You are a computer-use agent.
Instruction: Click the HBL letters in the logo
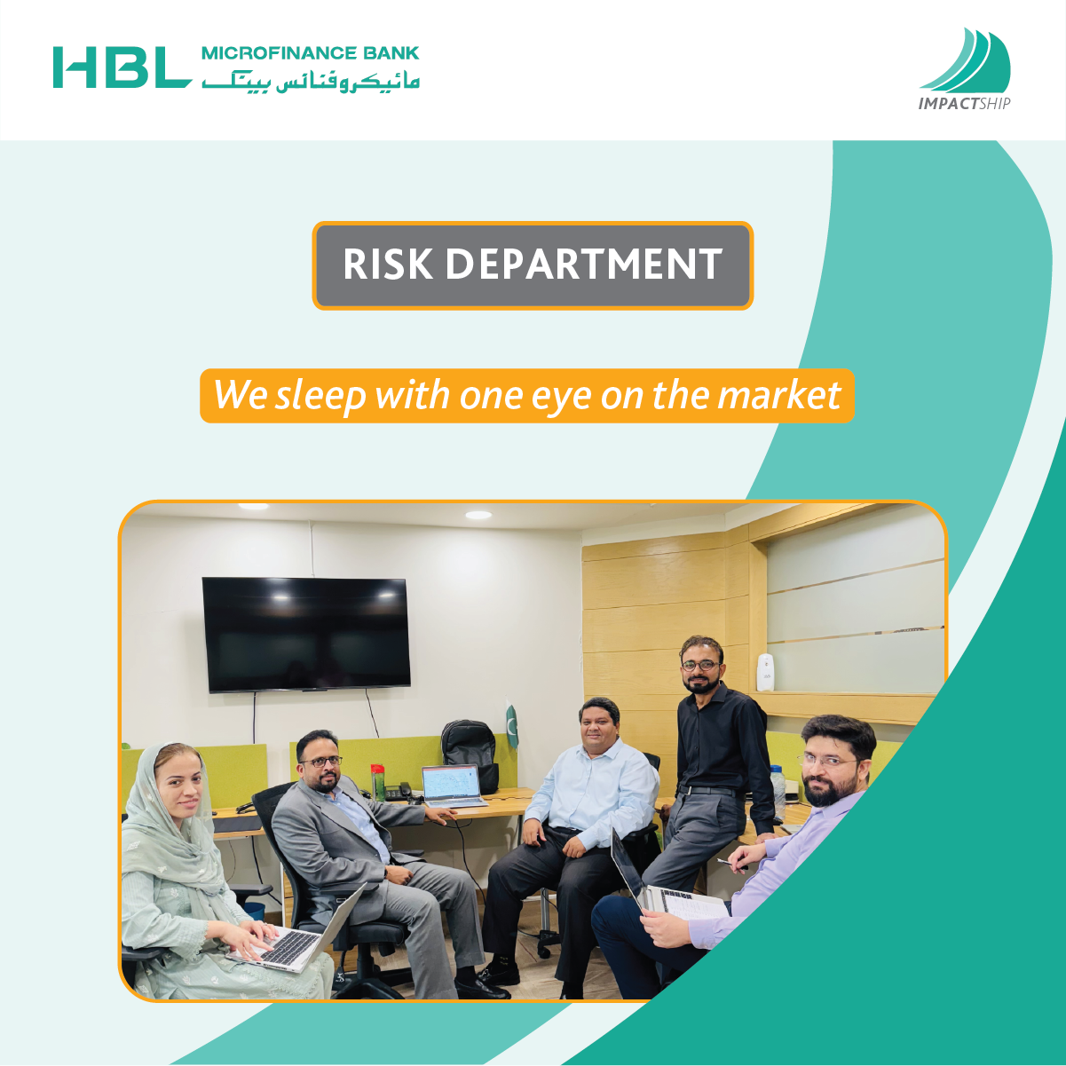point(122,67)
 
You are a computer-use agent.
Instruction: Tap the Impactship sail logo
point(965,68)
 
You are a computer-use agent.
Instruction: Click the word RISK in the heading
point(387,265)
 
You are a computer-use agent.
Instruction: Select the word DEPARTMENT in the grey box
point(584,265)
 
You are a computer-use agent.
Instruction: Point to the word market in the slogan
point(779,395)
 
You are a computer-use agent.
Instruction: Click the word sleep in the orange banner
point(320,396)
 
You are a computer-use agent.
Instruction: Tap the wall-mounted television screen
point(306,634)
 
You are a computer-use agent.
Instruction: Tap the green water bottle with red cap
point(378,782)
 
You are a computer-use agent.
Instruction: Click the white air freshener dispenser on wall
point(764,672)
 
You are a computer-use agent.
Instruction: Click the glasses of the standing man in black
point(701,665)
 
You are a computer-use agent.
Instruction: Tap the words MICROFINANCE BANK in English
point(311,53)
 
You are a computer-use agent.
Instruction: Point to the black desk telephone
point(397,792)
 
